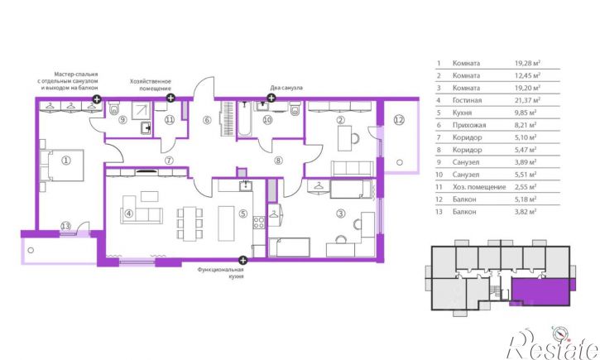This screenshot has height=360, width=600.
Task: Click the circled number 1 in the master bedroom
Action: (x=66, y=161)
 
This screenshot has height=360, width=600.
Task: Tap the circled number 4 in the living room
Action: (x=129, y=213)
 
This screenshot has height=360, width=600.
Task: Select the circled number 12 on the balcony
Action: (x=399, y=120)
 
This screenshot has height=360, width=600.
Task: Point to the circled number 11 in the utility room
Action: (x=170, y=120)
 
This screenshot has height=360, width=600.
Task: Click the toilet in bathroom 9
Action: (x=114, y=108)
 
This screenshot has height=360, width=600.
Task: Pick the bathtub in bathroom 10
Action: (x=244, y=118)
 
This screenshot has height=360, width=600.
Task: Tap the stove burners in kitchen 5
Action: (x=259, y=223)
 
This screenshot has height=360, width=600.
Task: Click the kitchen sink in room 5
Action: (x=245, y=186)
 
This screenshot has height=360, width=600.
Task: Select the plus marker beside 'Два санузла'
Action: (x=271, y=98)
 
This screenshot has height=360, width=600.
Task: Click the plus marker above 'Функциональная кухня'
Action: (x=242, y=261)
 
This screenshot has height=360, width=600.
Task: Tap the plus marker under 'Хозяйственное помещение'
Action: (x=170, y=98)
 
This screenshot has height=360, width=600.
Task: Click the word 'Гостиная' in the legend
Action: (x=467, y=100)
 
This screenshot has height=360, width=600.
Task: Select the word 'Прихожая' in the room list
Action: (x=469, y=125)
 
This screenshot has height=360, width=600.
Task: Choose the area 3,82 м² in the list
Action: (x=526, y=212)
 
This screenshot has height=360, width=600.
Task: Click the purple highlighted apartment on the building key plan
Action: (x=540, y=292)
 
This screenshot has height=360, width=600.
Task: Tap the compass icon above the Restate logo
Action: (x=559, y=334)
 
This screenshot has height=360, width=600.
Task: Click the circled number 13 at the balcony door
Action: (x=66, y=226)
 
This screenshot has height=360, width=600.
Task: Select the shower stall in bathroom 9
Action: (x=141, y=110)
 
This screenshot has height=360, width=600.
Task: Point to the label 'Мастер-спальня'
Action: (x=76, y=74)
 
